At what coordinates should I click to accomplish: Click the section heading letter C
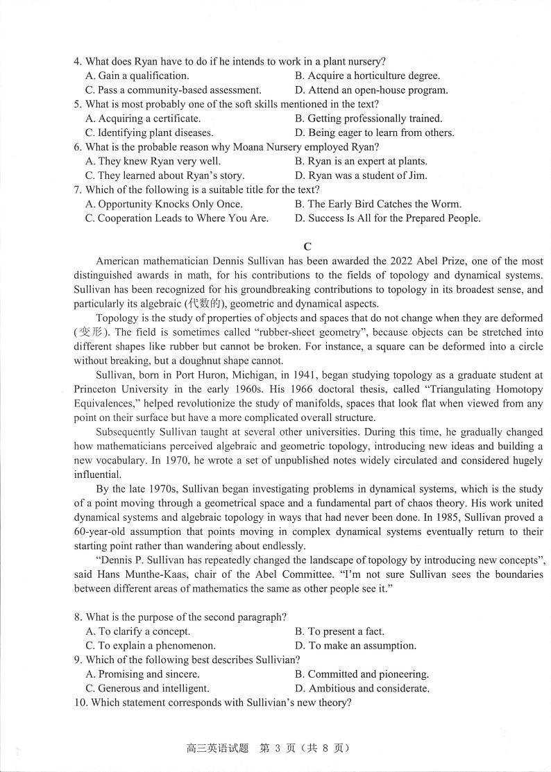point(307,246)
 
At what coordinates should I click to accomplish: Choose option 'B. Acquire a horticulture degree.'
point(367,76)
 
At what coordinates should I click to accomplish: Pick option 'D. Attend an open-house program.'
point(371,90)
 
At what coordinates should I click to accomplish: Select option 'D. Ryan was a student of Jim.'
point(361,175)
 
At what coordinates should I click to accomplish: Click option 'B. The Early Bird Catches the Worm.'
point(378,204)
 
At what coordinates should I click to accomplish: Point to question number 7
point(78,189)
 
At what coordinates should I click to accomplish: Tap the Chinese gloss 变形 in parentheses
point(87,332)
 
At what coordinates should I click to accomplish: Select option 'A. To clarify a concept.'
point(137,631)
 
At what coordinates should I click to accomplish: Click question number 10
point(79,703)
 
